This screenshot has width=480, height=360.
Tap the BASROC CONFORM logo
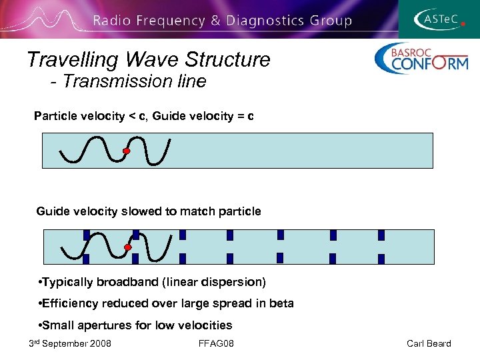(x=421, y=59)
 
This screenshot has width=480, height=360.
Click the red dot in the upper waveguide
(x=126, y=151)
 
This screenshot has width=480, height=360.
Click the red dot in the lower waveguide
(x=127, y=247)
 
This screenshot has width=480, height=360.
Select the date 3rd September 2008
(x=70, y=343)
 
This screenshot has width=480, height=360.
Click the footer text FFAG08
(x=217, y=343)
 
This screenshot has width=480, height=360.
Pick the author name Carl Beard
(x=429, y=343)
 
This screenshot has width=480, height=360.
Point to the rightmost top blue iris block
(x=381, y=235)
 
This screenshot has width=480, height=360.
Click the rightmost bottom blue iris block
(x=381, y=259)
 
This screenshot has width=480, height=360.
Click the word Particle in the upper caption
(x=55, y=117)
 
